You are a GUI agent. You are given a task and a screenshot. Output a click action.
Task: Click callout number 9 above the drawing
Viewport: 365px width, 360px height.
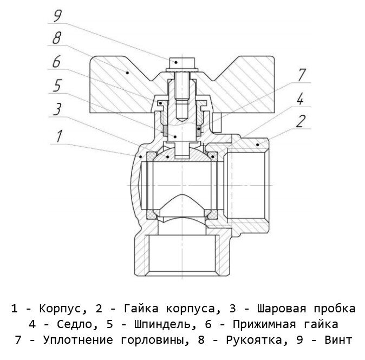point(57,15)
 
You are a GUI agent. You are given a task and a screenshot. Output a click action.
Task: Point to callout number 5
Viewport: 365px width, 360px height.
point(56,86)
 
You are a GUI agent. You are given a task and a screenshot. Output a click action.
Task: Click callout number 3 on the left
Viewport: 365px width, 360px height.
point(56,108)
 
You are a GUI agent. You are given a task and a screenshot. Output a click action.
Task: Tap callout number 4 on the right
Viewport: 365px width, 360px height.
point(299,99)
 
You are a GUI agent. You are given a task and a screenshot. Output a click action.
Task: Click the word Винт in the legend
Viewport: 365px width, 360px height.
point(340,341)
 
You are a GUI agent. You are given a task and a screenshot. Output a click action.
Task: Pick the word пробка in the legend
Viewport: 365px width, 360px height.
point(337,309)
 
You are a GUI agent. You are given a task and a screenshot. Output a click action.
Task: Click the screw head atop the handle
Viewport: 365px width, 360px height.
point(178,63)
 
